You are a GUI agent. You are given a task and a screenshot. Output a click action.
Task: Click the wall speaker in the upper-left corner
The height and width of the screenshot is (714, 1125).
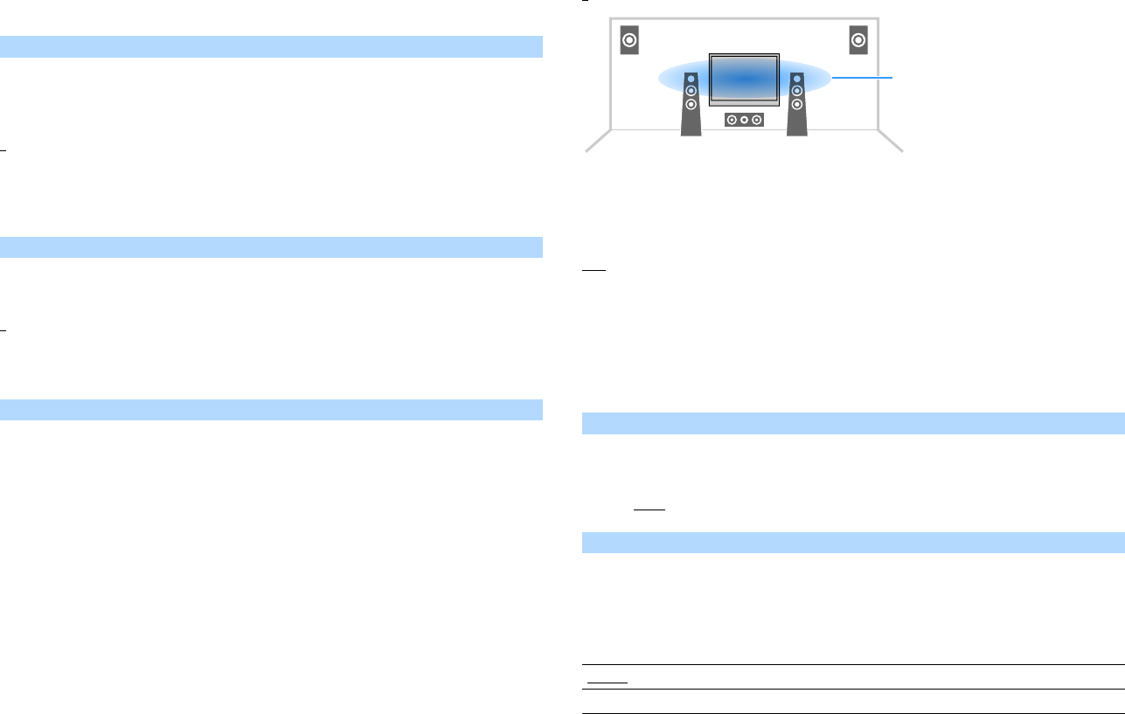(629, 40)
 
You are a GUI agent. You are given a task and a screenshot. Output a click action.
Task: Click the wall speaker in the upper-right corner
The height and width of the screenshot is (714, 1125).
(858, 40)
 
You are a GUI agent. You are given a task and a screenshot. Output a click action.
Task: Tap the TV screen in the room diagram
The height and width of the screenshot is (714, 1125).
(743, 79)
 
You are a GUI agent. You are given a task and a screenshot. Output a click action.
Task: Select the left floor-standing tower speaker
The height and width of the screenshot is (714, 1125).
(691, 105)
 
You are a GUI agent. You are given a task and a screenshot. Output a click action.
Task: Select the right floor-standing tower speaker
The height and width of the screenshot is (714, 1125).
(796, 105)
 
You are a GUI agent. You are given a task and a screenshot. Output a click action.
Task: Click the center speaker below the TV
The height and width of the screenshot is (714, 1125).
(744, 120)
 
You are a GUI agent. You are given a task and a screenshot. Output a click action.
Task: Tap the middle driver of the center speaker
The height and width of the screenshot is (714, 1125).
(744, 120)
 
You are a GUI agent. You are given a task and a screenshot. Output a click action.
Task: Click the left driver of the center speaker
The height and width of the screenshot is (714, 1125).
(733, 120)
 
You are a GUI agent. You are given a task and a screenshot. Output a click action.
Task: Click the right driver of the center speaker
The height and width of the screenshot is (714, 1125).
(756, 120)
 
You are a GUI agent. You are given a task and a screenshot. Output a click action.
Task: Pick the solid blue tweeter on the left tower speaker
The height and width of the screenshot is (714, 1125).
(691, 79)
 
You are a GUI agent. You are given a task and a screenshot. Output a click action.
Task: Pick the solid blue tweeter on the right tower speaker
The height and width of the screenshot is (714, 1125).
(796, 79)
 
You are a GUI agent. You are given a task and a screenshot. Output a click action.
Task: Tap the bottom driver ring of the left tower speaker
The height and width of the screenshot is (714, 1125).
(691, 104)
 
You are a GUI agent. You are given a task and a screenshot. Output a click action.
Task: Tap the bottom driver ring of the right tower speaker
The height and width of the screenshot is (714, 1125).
(796, 104)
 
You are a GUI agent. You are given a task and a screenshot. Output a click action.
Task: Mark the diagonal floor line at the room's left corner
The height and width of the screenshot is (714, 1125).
(597, 142)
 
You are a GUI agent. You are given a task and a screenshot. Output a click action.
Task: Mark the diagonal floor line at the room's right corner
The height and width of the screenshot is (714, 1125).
(890, 142)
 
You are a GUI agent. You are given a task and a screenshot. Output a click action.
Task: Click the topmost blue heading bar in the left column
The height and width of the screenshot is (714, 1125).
(271, 46)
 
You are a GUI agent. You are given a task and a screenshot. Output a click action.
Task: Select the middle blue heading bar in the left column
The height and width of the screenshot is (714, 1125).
(271, 246)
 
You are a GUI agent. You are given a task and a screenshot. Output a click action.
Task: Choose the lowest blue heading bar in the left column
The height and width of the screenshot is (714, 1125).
(271, 409)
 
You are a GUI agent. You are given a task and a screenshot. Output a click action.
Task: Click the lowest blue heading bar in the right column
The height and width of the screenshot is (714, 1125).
(853, 542)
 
